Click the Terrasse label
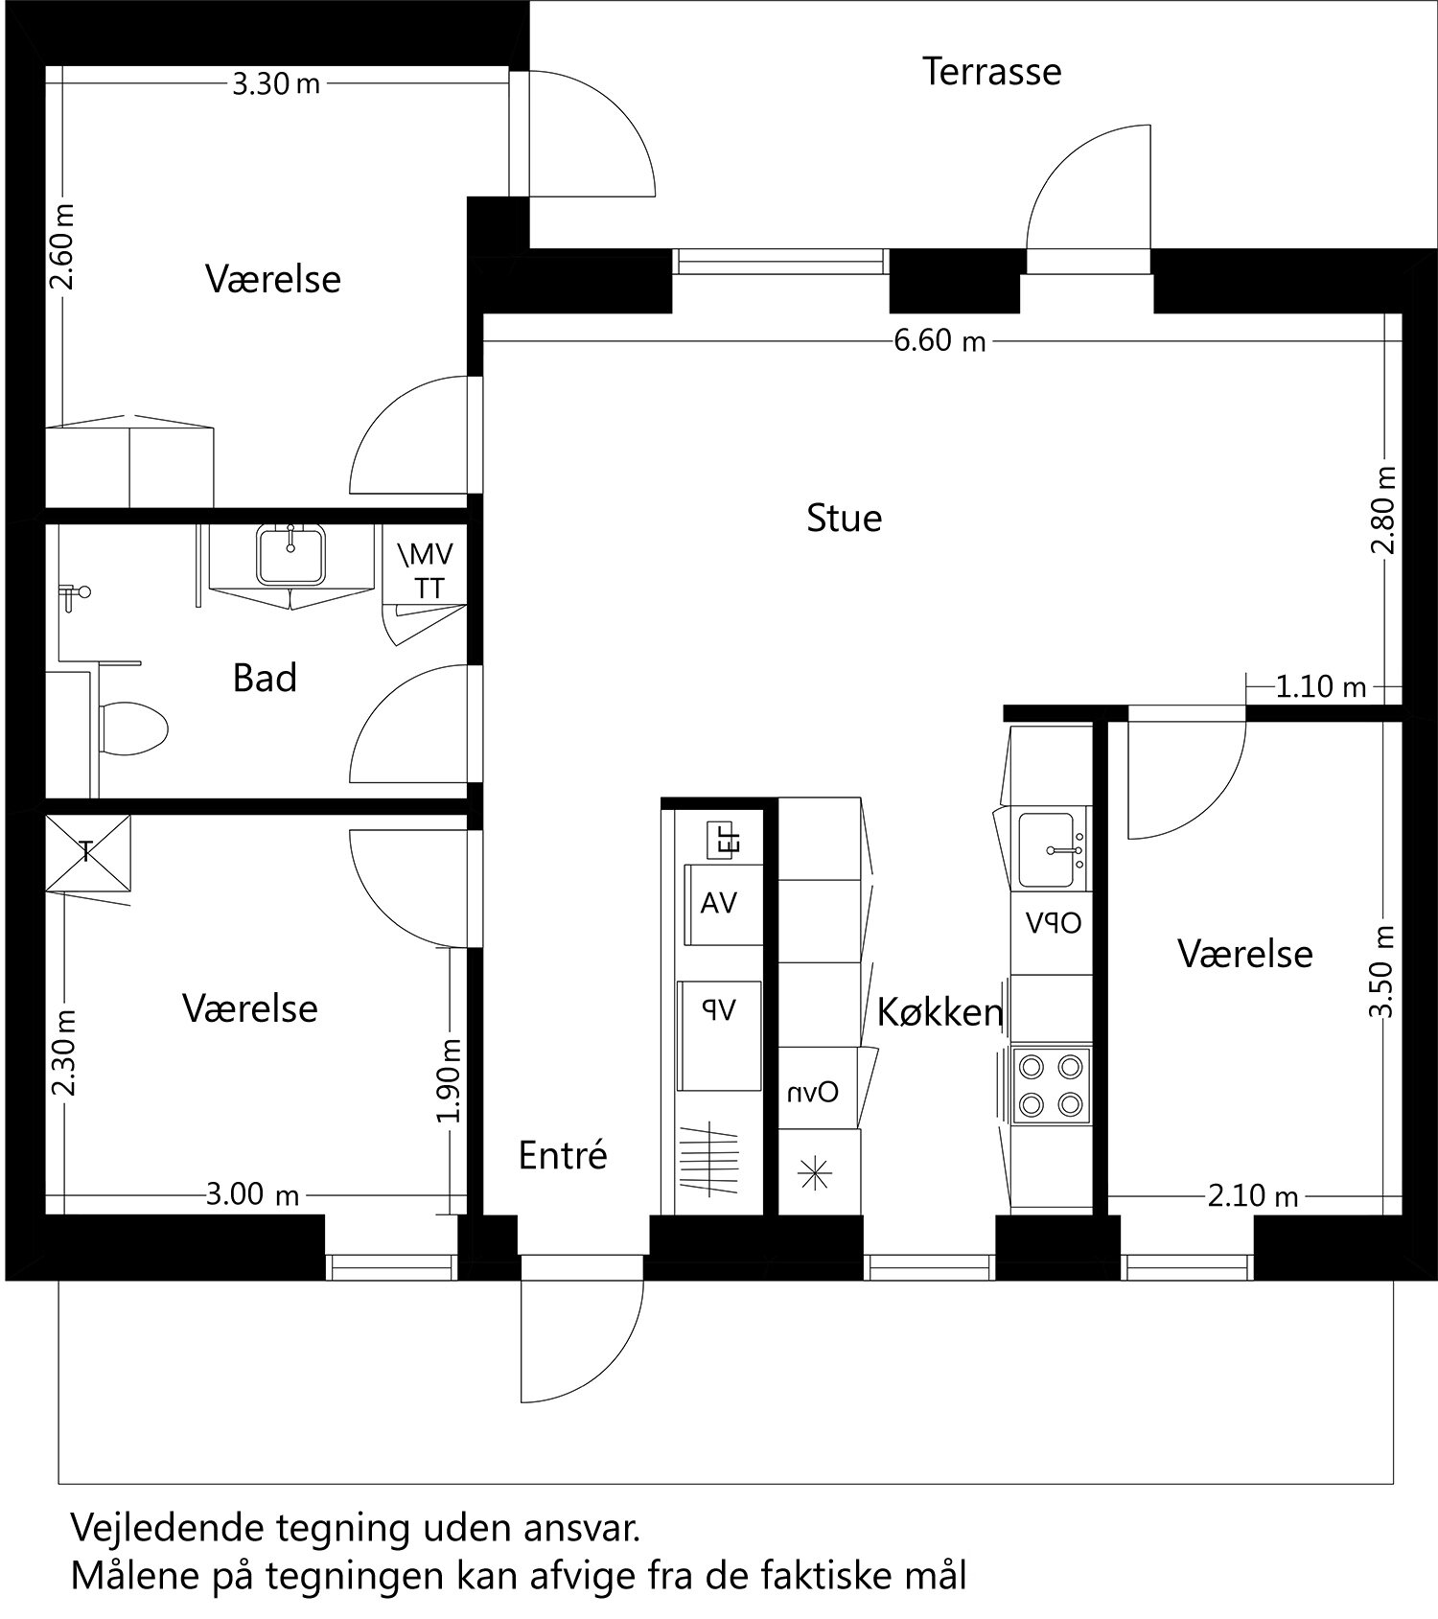click(991, 72)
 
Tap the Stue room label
click(844, 518)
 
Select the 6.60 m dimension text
click(939, 340)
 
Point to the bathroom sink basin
click(290, 556)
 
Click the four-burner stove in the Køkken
click(1051, 1085)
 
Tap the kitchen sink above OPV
click(1048, 849)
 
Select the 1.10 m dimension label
click(1320, 686)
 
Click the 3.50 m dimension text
click(1381, 973)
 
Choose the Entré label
click(563, 1156)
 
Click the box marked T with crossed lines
click(87, 851)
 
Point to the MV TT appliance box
click(424, 571)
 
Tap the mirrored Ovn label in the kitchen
click(813, 1092)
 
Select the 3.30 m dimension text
click(276, 84)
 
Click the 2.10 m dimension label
click(1252, 1195)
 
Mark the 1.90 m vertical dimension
click(451, 1080)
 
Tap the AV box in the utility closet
click(719, 903)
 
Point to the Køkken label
click(939, 1012)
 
